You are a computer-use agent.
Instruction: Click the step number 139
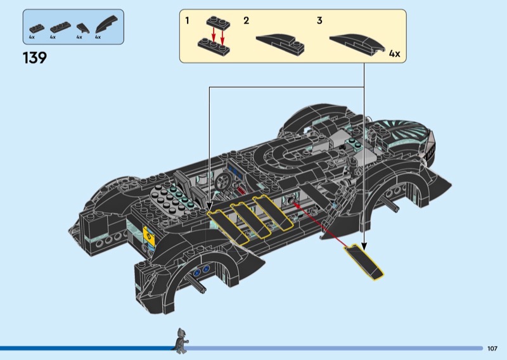(x=34, y=58)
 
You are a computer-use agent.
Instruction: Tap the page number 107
(x=492, y=349)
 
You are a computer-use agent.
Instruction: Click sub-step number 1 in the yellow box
(x=187, y=21)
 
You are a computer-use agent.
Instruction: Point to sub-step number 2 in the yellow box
(x=246, y=21)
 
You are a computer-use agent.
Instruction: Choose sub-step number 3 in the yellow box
(x=319, y=21)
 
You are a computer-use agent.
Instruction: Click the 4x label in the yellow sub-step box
(x=394, y=54)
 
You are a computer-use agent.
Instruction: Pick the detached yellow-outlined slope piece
(x=364, y=262)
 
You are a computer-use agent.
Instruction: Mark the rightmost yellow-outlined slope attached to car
(x=273, y=212)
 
